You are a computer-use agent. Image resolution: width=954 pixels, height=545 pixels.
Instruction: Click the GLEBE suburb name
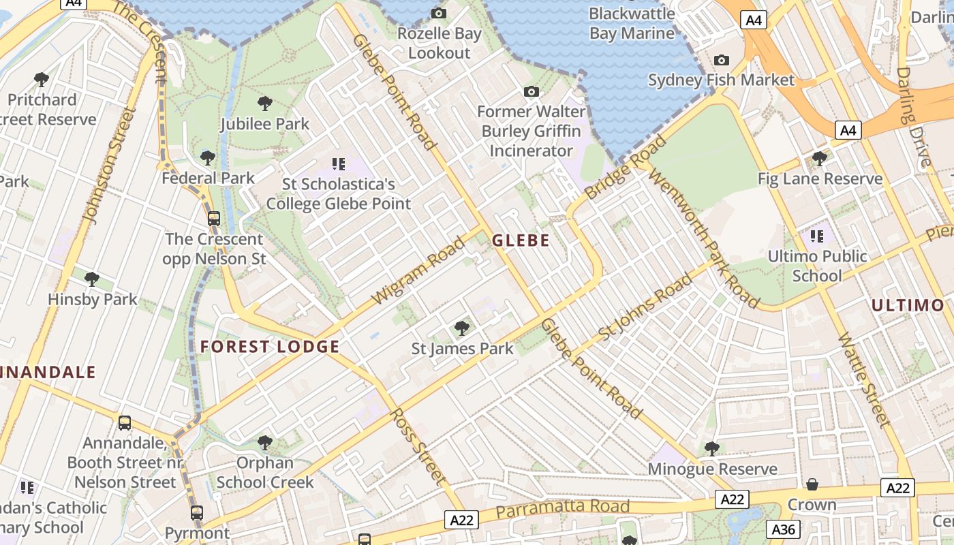coord(521,240)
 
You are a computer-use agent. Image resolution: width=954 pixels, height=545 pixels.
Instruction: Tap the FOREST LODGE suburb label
coord(270,347)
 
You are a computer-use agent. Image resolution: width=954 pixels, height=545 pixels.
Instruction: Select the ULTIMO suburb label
coord(908,305)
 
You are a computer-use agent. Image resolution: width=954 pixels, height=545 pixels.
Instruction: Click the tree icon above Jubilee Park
coord(265,104)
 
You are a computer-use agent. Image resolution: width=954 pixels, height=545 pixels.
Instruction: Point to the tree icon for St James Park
coord(462,328)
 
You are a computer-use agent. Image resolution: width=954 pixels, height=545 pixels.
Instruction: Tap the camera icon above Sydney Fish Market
coord(721,60)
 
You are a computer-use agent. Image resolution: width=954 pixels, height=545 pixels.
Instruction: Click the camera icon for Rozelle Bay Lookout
coord(439,13)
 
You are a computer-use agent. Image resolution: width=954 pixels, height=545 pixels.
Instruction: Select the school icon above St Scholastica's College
coord(339,163)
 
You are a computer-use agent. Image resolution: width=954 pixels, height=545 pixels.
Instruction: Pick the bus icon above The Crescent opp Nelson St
coord(214,219)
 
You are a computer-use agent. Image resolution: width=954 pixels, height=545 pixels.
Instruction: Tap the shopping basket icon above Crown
coord(812,484)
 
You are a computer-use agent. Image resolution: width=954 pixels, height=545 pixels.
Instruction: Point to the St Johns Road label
coord(645,309)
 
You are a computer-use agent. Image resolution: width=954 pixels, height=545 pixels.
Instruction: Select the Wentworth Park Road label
coord(704,236)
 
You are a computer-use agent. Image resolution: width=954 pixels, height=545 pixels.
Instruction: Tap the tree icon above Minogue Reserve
coord(712,448)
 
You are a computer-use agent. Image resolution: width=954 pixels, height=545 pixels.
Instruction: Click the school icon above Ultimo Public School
coord(817,236)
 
